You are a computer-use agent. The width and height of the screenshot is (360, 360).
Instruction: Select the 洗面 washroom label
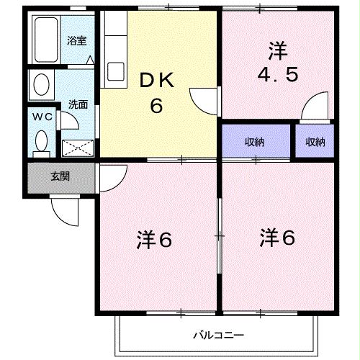[x=77, y=104]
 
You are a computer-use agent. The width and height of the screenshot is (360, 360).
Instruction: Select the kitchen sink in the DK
[x=115, y=73]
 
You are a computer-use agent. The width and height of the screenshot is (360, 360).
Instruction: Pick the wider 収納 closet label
[x=254, y=142]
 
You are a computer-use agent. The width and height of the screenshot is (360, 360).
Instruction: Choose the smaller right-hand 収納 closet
[x=315, y=142]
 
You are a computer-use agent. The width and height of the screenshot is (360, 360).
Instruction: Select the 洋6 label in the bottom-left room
[x=155, y=240]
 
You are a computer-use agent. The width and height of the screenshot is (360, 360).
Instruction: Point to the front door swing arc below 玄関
[x=63, y=210]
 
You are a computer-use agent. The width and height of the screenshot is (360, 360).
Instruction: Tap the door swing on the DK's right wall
[x=202, y=99]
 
